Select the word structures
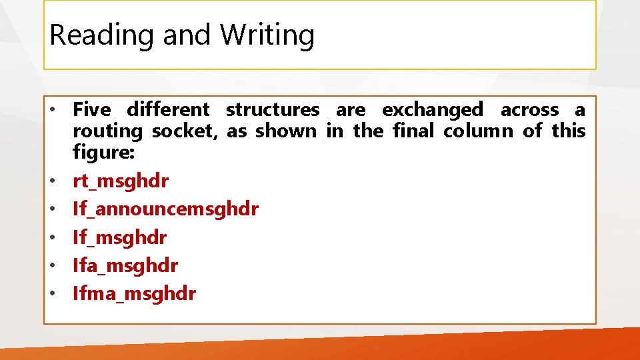tap(273, 109)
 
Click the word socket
tap(185, 131)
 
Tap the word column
tap(479, 131)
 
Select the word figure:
tap(104, 153)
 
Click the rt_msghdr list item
tap(121, 181)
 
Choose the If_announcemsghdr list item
tap(165, 209)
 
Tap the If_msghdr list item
tap(120, 237)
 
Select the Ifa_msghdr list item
tap(125, 265)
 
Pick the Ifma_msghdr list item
tap(135, 293)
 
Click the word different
tap(168, 109)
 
